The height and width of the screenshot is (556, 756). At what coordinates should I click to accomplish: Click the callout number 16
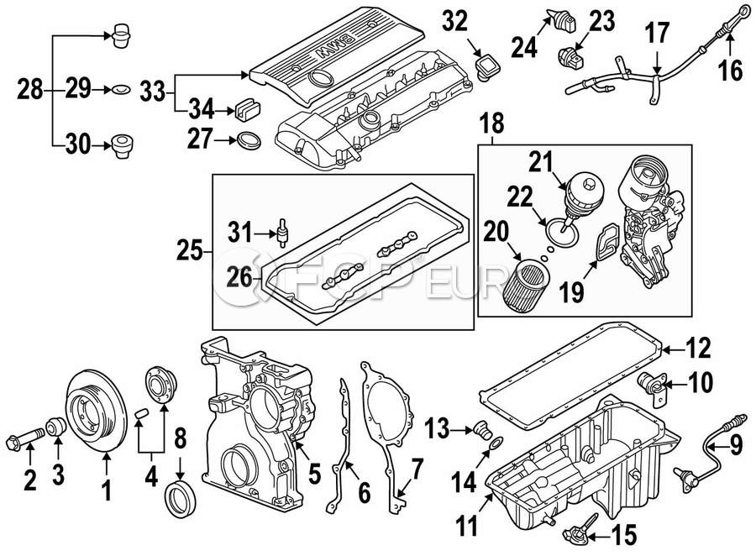731,71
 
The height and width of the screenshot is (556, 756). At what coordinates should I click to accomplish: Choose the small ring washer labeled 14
496,443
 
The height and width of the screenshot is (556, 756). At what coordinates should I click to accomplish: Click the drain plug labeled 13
480,429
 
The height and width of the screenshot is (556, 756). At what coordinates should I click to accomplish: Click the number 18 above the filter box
492,123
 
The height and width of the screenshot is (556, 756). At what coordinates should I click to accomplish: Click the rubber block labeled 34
247,110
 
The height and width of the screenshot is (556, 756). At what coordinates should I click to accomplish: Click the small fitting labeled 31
282,232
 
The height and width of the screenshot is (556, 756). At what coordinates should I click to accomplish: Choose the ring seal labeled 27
249,140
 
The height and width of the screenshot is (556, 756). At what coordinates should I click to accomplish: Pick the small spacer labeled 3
57,427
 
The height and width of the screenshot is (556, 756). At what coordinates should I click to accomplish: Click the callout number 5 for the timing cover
314,473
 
